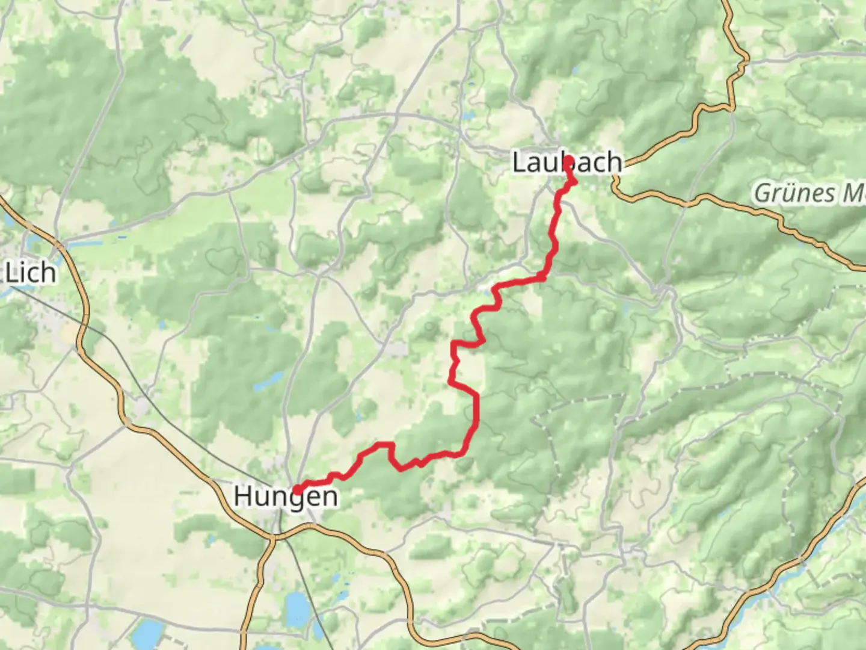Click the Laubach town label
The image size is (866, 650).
tap(567, 162)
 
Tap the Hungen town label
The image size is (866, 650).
tap(285, 497)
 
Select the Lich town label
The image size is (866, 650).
tap(30, 273)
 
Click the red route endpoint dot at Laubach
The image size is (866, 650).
tap(568, 160)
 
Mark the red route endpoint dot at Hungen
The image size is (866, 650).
tap(297, 489)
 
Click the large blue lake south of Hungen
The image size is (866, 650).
tap(296, 608)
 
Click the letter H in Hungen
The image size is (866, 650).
tap(242, 497)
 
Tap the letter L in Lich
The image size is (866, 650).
tap(11, 273)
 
